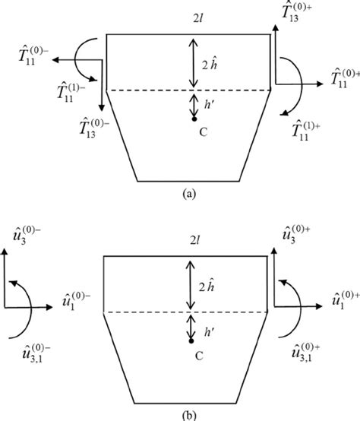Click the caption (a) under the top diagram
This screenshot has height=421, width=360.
(188, 193)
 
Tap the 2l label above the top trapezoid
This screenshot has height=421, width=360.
(188, 23)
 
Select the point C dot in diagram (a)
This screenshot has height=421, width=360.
(194, 119)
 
